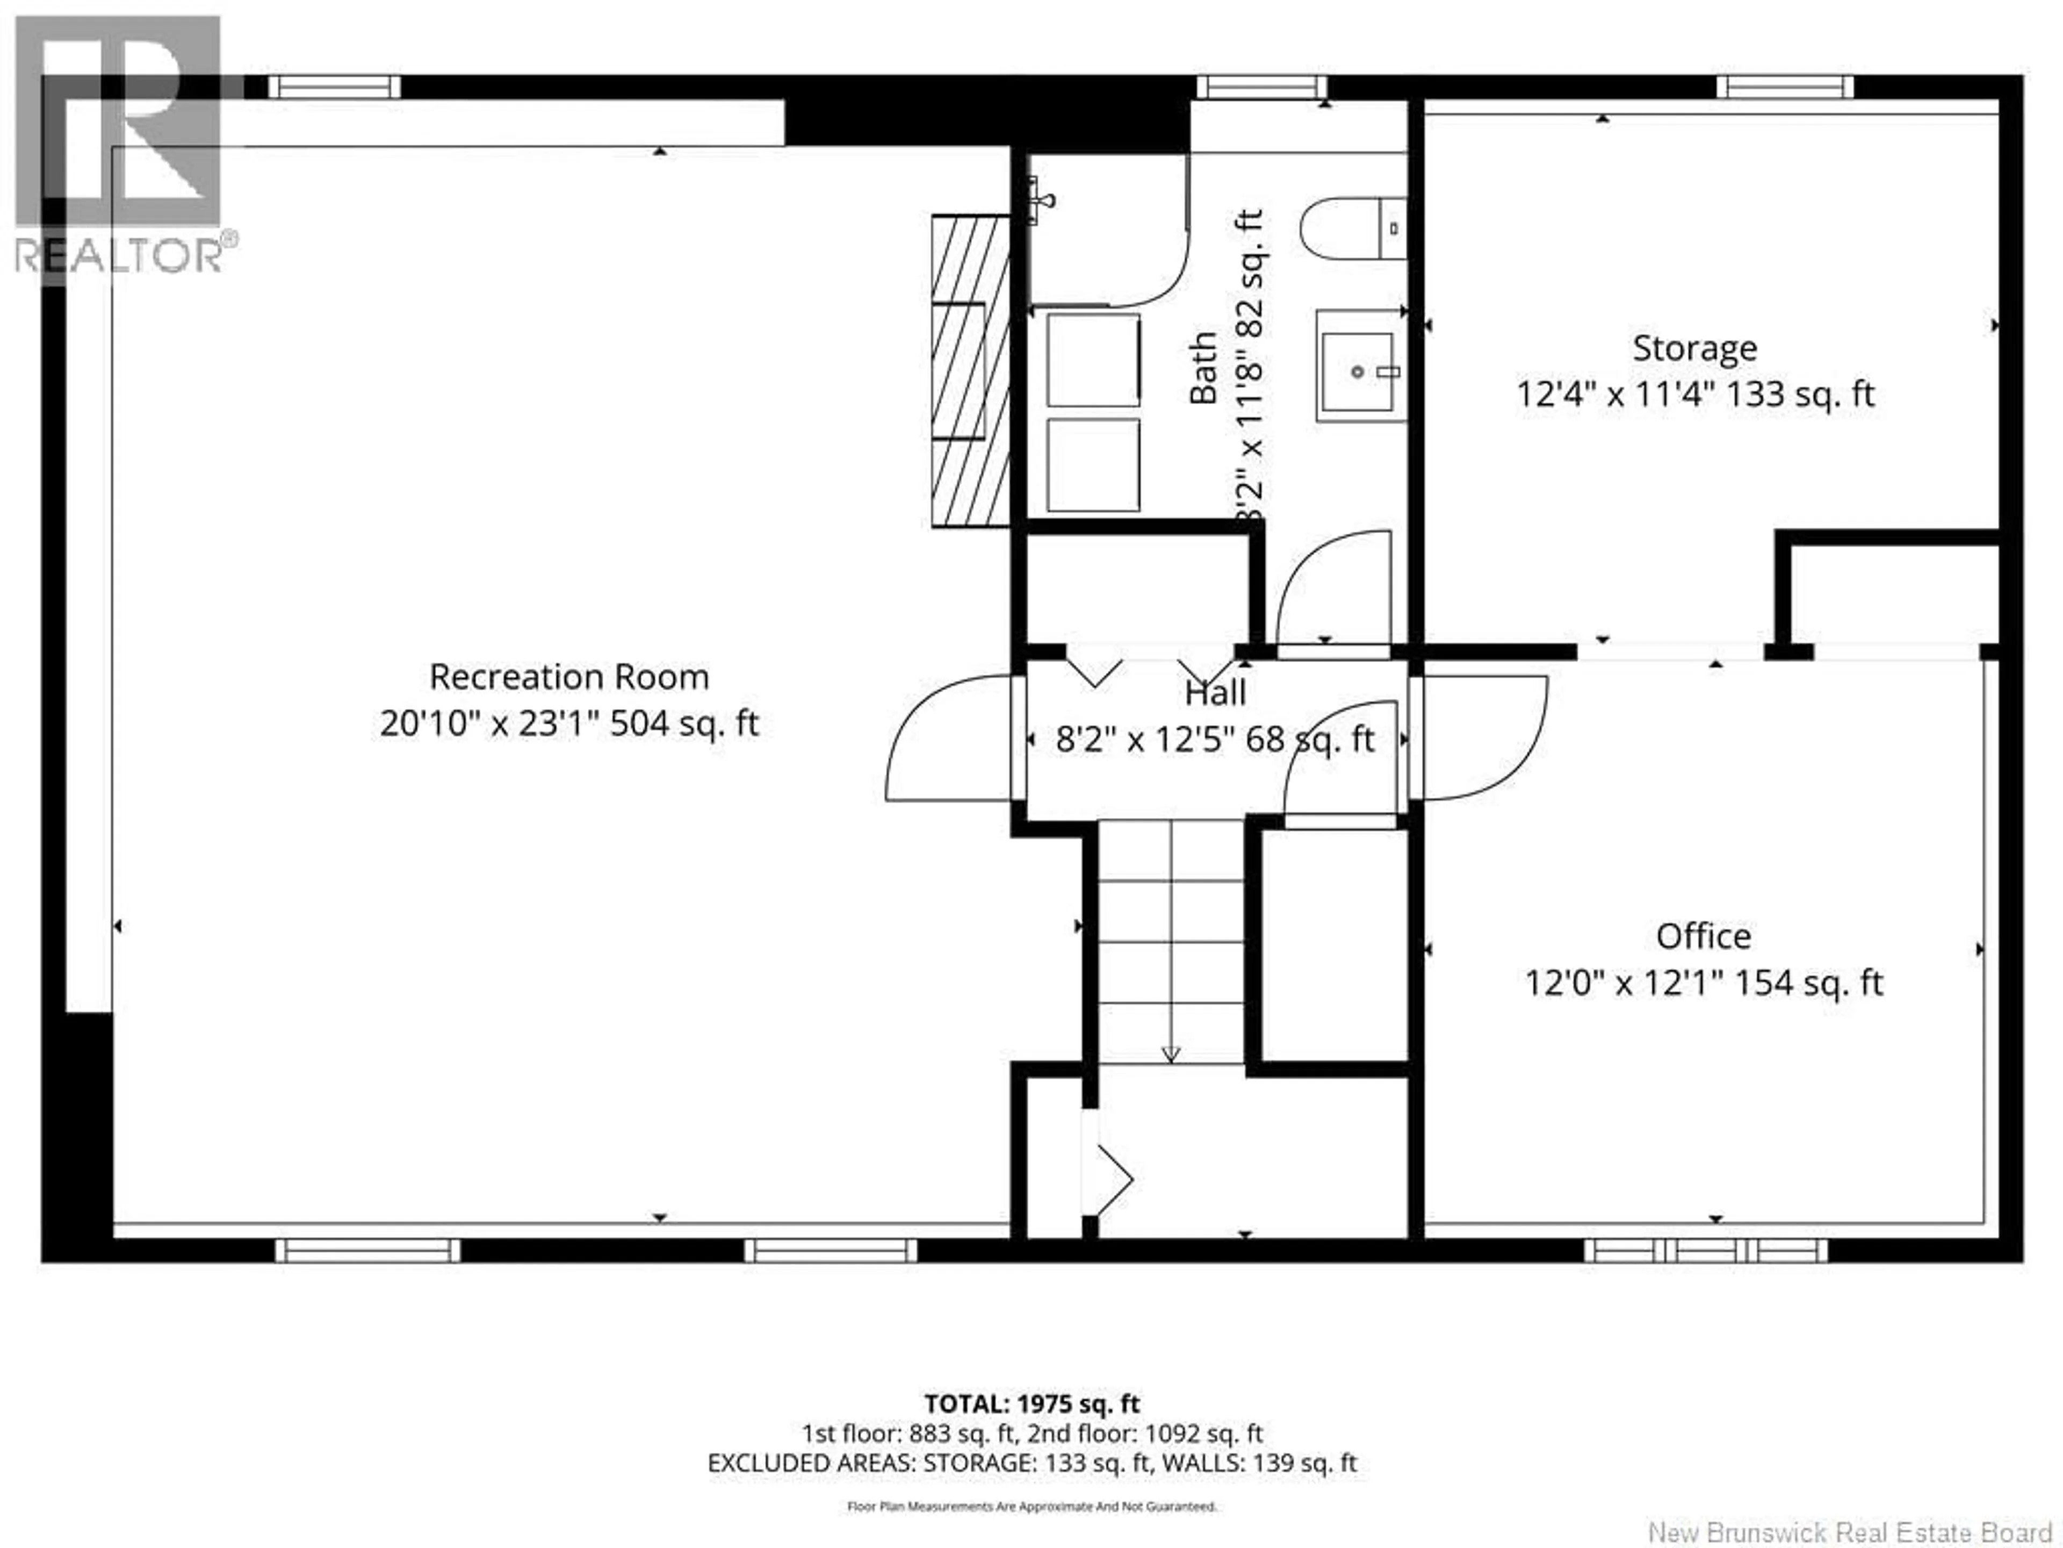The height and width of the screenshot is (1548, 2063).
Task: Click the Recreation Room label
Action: [x=569, y=677]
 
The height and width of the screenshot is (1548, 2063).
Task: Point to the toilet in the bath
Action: [x=1352, y=228]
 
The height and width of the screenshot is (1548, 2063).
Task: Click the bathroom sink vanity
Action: [x=1360, y=367]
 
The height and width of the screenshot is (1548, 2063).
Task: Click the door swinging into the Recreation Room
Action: [x=942, y=742]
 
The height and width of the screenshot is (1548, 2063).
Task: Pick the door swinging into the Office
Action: [x=1483, y=737]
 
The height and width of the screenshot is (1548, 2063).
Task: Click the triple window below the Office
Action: [x=1705, y=1251]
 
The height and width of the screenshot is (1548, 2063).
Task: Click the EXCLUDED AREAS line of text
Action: [x=1031, y=1463]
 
